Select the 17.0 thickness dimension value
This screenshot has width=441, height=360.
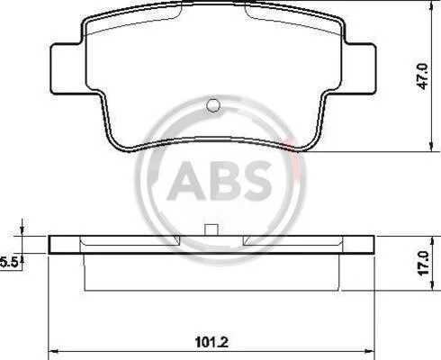pos(424,263)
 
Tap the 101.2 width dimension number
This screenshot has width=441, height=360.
pos(211,342)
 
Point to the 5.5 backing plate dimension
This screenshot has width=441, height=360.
pos(9,262)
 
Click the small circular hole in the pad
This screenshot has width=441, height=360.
pos(213,105)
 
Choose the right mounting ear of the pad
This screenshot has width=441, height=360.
pos(359,69)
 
